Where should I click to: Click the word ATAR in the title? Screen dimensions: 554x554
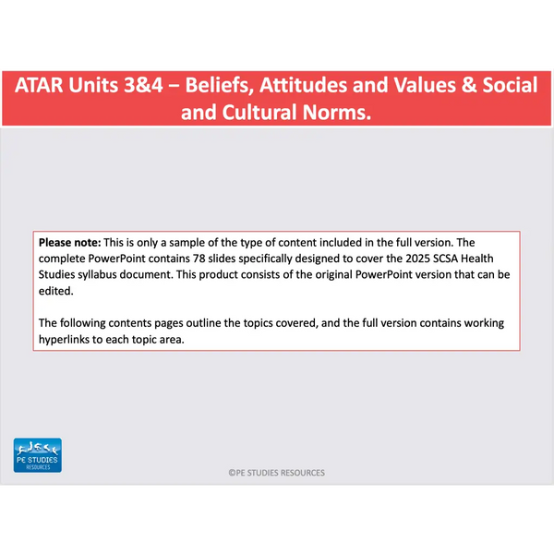pyautogui.click(x=39, y=85)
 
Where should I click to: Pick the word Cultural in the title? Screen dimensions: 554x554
pyautogui.click(x=259, y=113)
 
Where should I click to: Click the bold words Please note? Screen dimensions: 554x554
pyautogui.click(x=69, y=243)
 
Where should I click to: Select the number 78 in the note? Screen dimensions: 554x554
pyautogui.click(x=199, y=259)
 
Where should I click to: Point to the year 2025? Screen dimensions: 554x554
pyautogui.click(x=417, y=259)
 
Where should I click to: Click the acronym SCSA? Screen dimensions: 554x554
pyautogui.click(x=445, y=259)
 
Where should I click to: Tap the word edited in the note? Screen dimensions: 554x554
pyautogui.click(x=55, y=291)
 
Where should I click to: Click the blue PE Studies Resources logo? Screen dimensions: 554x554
pyautogui.click(x=38, y=455)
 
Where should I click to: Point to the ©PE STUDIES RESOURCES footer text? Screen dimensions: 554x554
pyautogui.click(x=277, y=473)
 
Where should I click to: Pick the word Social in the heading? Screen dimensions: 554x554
pyautogui.click(x=510, y=85)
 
